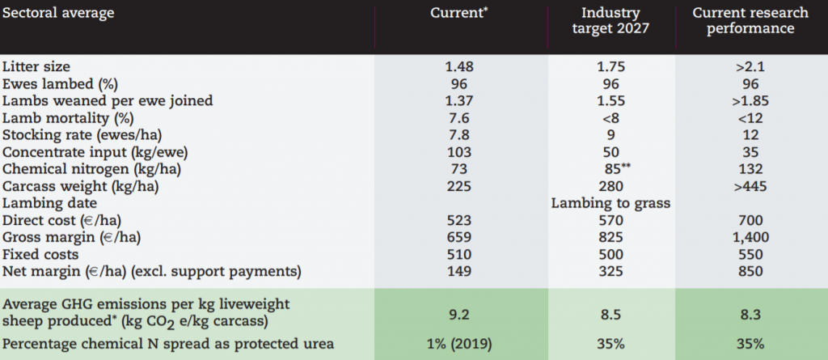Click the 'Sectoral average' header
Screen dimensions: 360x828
point(57,14)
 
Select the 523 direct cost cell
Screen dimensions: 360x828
point(460,219)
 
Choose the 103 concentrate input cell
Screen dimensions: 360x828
point(460,151)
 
